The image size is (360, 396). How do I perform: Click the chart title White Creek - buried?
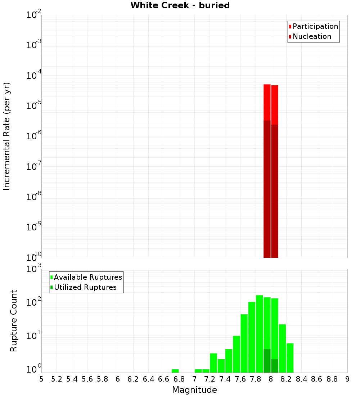(180, 5)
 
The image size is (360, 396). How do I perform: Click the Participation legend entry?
(315, 26)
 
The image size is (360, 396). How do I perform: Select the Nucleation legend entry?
(312, 36)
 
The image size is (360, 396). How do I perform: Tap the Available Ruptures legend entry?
(88, 277)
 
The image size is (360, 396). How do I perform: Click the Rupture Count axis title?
(14, 321)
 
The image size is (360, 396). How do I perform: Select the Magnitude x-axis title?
(194, 390)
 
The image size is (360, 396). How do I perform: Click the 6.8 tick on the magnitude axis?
(179, 379)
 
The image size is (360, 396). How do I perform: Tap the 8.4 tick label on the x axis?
(301, 379)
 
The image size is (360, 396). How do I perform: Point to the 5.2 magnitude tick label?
(57, 379)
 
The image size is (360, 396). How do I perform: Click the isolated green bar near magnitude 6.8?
(175, 371)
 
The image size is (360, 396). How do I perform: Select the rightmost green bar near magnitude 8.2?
(290, 358)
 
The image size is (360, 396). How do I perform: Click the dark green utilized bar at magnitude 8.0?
(275, 366)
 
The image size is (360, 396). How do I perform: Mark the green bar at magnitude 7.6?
(244, 343)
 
